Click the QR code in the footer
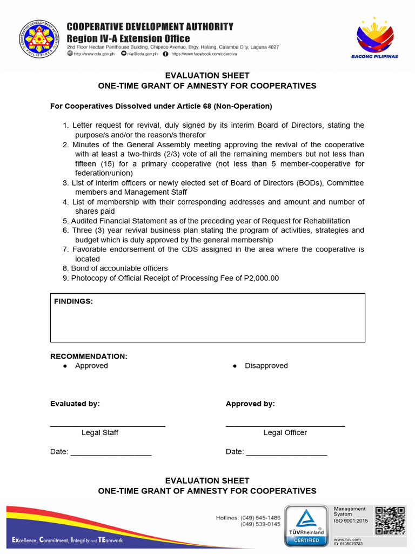[390, 520]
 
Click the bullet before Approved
[65, 366]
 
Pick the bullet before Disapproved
[235, 366]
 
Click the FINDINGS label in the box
[73, 301]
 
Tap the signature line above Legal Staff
[108, 426]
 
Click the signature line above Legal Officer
[285, 426]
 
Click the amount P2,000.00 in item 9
[262, 278]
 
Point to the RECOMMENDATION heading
[89, 357]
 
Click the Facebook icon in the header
[165, 54]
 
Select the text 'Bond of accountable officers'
[119, 268]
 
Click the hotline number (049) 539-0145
[260, 524]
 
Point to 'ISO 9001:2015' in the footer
[351, 520]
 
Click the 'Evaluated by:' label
[75, 404]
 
